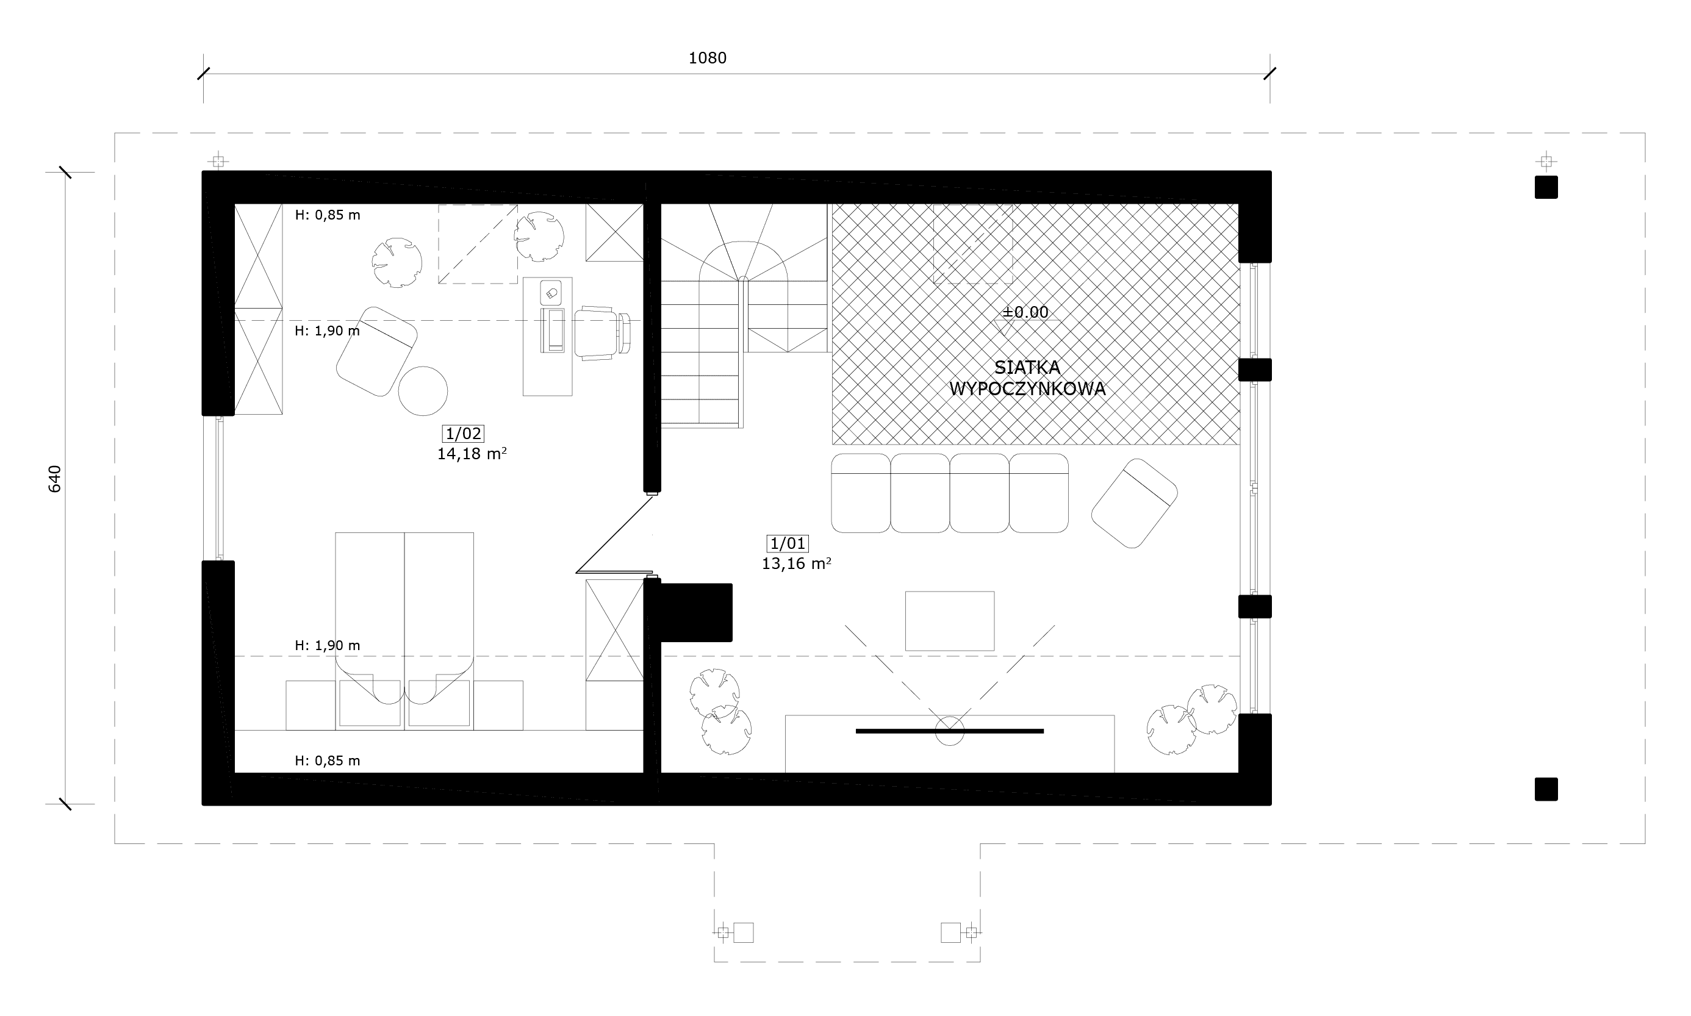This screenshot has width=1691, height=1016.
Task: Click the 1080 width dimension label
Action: point(707,58)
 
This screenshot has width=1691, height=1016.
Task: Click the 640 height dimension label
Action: point(55,479)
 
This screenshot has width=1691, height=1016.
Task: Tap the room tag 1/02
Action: point(464,434)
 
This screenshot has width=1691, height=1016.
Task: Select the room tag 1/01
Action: point(788,543)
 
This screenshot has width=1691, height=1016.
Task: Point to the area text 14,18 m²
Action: point(472,454)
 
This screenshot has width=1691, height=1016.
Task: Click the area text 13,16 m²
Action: point(797,564)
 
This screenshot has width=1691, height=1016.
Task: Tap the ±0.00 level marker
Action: point(1025,312)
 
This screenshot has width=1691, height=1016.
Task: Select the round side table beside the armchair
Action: point(423,391)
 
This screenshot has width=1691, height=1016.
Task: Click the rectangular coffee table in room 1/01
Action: point(950,621)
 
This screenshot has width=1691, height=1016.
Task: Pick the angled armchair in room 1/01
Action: point(1133,503)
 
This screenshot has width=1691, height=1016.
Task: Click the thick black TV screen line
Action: point(950,731)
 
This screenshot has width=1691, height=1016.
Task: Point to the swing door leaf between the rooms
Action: point(615,534)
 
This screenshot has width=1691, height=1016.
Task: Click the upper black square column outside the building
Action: point(1546,187)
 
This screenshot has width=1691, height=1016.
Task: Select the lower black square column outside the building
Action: point(1546,789)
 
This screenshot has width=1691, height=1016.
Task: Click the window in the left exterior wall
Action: point(219,488)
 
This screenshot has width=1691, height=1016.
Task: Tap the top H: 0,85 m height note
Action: point(327,215)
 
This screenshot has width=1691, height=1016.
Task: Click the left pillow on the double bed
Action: point(370,703)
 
